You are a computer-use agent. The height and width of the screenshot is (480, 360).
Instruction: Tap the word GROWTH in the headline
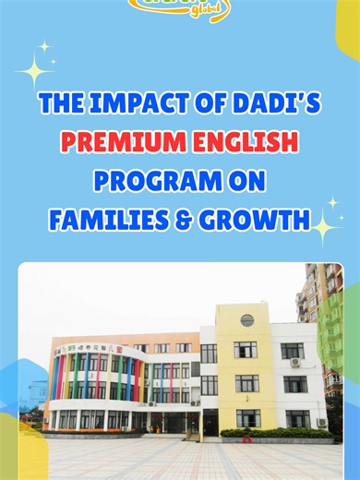click(x=255, y=220)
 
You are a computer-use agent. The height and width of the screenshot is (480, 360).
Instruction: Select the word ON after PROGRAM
click(x=248, y=181)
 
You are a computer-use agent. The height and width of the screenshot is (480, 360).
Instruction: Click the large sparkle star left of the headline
click(x=34, y=69)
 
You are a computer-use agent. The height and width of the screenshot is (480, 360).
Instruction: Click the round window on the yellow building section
click(x=246, y=320)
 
